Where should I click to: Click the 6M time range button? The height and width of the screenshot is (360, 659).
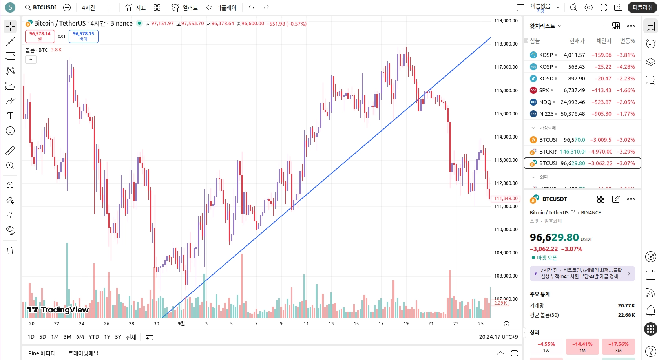tap(80, 337)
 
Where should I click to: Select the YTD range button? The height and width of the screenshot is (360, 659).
tap(94, 337)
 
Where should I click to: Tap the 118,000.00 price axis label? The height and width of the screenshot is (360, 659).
tap(506, 44)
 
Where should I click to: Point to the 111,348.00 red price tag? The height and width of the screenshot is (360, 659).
tap(506, 199)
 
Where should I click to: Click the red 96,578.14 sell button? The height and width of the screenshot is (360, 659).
tap(40, 36)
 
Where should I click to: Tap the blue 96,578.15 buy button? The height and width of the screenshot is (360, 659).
tap(83, 36)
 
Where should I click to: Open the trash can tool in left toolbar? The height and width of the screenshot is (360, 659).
tap(10, 250)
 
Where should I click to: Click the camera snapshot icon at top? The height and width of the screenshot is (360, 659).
tap(618, 7)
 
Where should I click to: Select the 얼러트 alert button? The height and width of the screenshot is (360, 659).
tap(184, 7)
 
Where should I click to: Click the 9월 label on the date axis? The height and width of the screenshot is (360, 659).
tap(181, 323)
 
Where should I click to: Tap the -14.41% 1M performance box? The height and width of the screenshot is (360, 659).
tap(582, 347)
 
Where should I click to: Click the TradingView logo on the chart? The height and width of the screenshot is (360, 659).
tap(58, 310)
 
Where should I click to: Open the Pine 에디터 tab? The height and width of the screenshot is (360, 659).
tap(42, 353)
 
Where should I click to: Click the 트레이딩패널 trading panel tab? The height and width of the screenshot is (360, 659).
tap(83, 353)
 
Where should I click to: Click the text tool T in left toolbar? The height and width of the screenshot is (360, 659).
tap(10, 116)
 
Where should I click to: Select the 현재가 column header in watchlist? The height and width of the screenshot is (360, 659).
tap(577, 41)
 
